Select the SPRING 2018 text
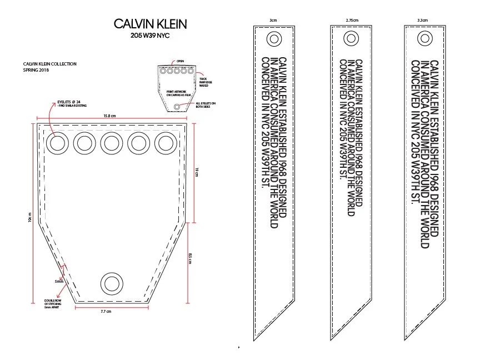(34, 71)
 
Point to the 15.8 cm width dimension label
(109, 116)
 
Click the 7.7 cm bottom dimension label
(106, 311)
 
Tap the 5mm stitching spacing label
(59, 282)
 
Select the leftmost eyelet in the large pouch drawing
(57, 143)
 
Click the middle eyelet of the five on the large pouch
(112, 143)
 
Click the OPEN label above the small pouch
(180, 61)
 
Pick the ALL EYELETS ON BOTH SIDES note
(205, 105)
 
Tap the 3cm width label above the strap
(273, 20)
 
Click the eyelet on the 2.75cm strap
(351, 38)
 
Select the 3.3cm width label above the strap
(422, 20)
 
